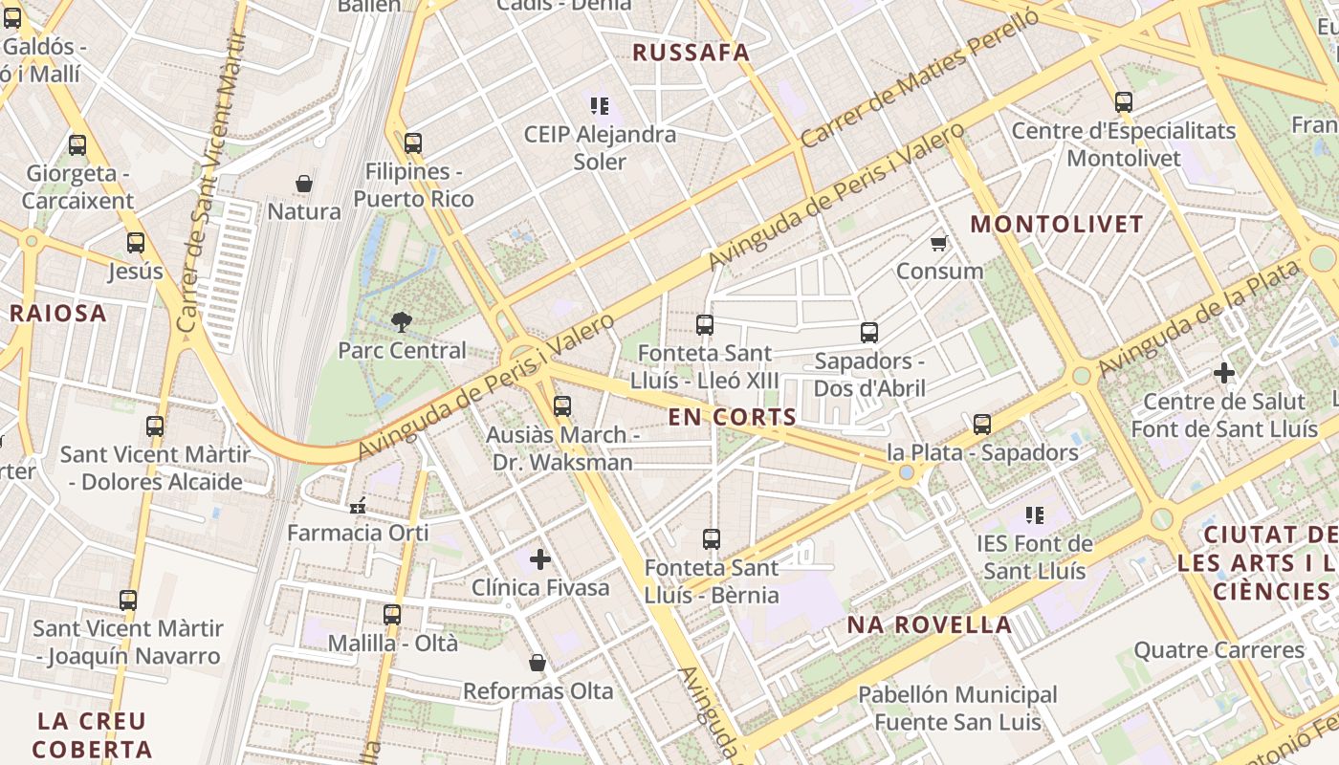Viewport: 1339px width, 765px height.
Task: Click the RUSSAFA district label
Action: click(x=691, y=53)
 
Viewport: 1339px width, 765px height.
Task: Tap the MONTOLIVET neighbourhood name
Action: click(x=1057, y=225)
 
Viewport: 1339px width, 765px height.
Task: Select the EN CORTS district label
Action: click(x=733, y=417)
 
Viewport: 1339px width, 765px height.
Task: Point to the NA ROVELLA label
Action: click(x=929, y=625)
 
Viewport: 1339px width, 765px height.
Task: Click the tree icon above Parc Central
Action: click(x=402, y=322)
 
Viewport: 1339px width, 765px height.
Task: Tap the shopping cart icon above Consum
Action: click(x=939, y=243)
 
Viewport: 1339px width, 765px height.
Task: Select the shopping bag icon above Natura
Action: click(x=304, y=184)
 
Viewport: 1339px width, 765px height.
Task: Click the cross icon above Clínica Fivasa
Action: click(x=540, y=558)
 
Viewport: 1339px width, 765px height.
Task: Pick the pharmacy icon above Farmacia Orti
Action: click(x=358, y=505)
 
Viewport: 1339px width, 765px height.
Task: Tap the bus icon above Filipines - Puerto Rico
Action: click(x=413, y=143)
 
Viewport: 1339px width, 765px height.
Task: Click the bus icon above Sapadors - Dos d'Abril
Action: click(x=868, y=333)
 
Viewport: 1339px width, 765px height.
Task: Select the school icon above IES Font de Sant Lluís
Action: click(x=1034, y=515)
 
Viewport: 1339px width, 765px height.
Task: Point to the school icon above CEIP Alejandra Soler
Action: click(x=600, y=105)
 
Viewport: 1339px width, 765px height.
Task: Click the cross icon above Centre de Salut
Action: click(x=1223, y=373)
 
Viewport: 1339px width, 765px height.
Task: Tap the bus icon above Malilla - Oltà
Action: click(x=392, y=615)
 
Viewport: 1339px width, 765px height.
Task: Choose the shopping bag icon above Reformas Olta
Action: click(x=538, y=662)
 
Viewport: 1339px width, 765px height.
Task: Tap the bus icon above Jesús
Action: click(x=136, y=243)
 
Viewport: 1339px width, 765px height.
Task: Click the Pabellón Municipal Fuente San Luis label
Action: click(x=957, y=708)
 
